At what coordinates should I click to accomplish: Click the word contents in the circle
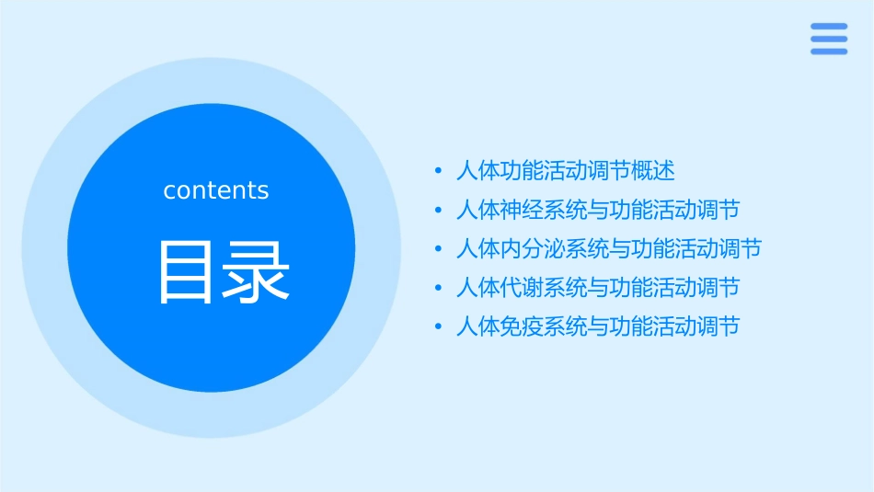coord(216,190)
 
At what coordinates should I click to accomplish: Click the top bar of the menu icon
coord(829,27)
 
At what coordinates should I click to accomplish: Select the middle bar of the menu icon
coord(829,39)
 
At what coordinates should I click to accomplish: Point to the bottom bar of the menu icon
coord(829,51)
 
